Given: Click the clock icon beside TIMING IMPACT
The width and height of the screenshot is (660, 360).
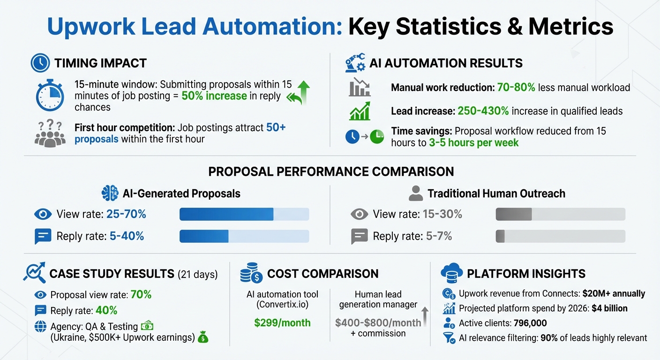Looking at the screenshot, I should point(40,63).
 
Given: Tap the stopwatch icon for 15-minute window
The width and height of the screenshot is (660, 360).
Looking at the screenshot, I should point(50,96).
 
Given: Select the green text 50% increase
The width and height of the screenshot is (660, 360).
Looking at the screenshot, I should point(214,96).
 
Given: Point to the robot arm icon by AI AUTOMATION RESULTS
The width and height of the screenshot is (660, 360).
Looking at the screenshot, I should point(355,63).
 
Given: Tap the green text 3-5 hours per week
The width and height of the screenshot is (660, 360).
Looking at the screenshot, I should point(473,143).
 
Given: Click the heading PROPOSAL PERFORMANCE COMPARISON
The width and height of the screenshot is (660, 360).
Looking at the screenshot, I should point(331,171).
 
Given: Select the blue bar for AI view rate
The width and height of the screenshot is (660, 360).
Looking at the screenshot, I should point(226,214).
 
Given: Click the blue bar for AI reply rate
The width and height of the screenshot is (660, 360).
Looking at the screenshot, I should point(204,236).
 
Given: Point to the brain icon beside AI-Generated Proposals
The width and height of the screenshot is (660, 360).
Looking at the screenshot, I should point(110,193).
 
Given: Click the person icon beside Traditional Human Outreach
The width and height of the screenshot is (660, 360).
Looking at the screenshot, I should point(415,193).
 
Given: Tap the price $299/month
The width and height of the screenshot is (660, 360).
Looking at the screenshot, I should point(282,323).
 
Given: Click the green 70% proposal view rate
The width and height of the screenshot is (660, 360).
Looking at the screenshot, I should point(141,295).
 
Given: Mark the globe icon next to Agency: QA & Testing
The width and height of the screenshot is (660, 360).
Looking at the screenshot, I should point(40,327).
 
